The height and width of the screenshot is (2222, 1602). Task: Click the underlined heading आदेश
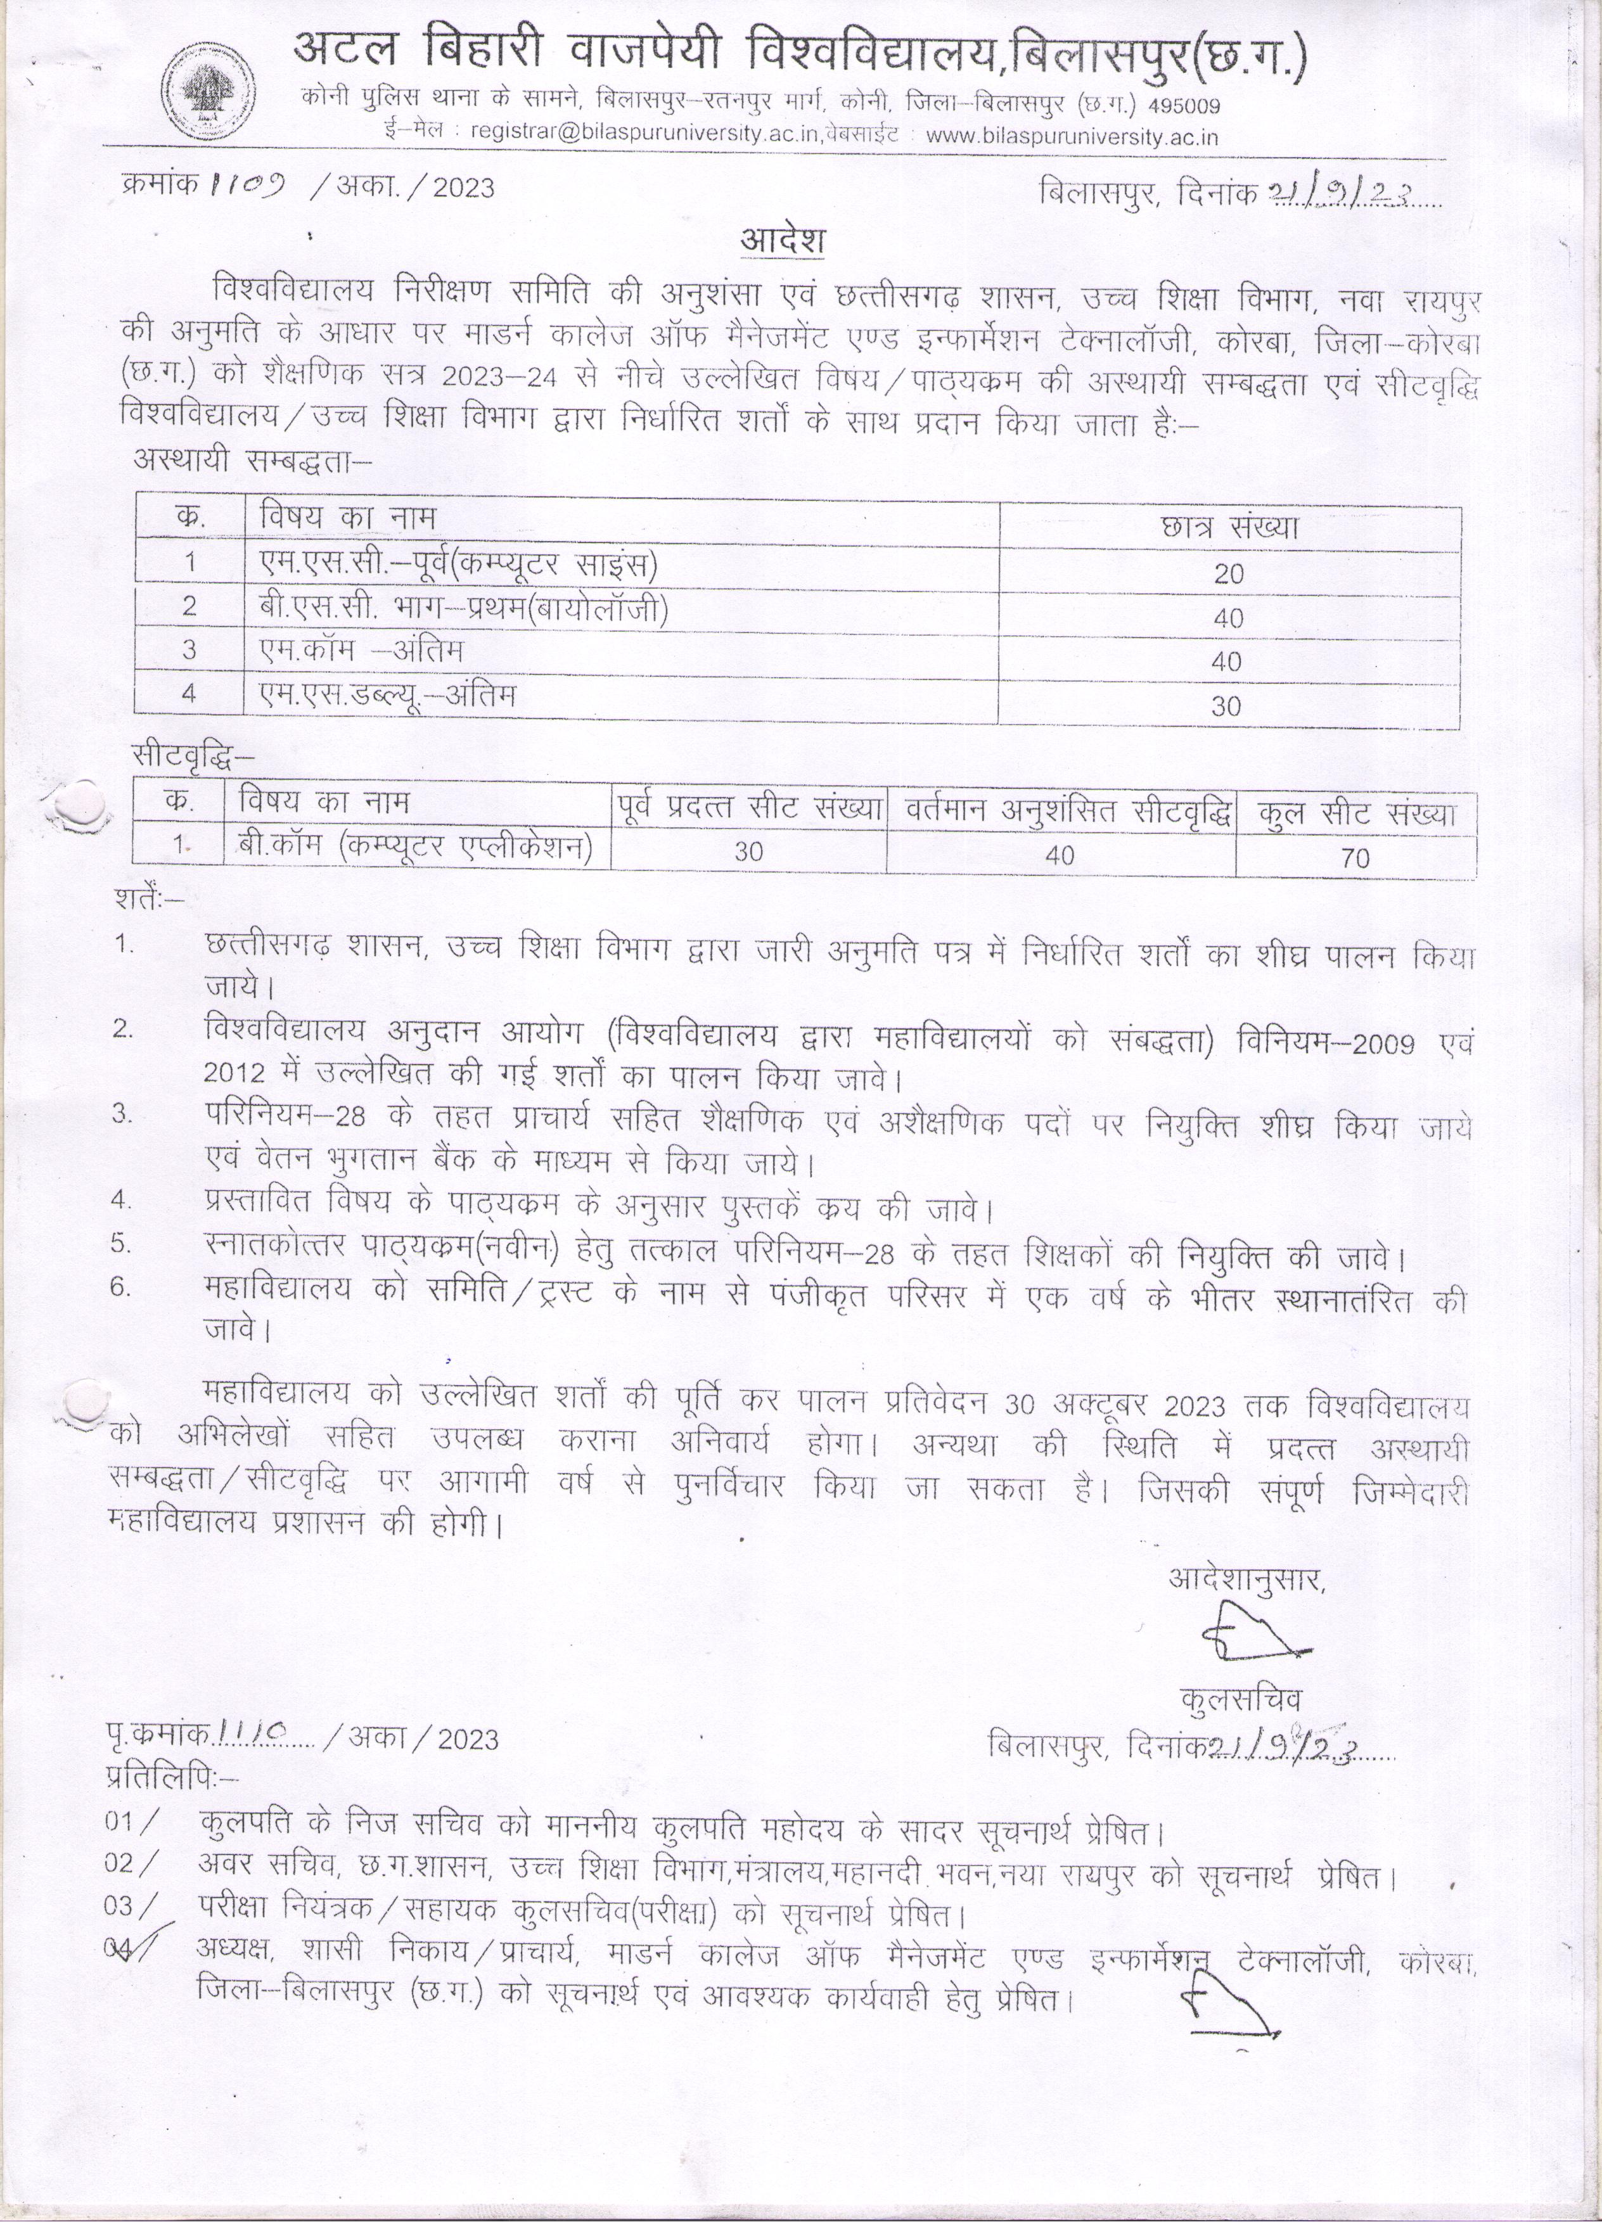pyautogui.click(x=782, y=240)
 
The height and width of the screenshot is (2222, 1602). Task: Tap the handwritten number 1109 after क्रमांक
pyautogui.click(x=248, y=184)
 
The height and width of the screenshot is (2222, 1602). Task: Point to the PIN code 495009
pyautogui.click(x=1184, y=105)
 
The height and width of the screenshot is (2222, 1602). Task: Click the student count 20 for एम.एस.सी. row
pyautogui.click(x=1227, y=574)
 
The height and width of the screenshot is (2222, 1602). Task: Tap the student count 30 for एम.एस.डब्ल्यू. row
pyautogui.click(x=1226, y=706)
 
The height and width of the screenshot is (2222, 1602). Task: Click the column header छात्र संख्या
pyautogui.click(x=1229, y=528)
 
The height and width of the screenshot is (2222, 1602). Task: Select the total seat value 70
pyautogui.click(x=1354, y=859)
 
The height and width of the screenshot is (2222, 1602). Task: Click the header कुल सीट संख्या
pyautogui.click(x=1356, y=813)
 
